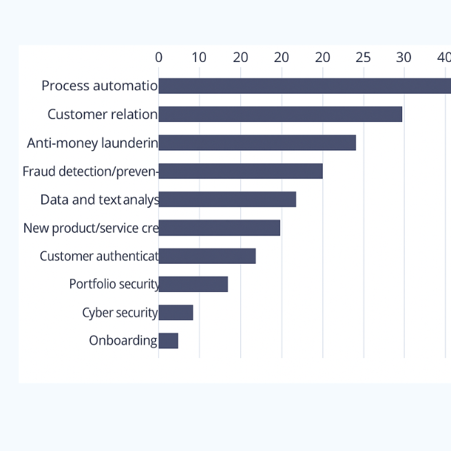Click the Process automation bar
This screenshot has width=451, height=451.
tap(304, 86)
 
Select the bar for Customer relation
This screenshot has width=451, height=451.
tap(280, 114)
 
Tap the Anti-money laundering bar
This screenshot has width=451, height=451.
tap(257, 143)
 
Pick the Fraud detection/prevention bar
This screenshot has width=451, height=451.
tap(240, 171)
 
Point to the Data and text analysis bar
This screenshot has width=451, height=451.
tap(227, 199)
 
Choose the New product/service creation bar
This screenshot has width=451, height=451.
tap(219, 227)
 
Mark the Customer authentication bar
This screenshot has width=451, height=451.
tap(207, 256)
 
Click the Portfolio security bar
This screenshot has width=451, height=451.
tap(193, 284)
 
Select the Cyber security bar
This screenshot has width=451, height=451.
tap(176, 313)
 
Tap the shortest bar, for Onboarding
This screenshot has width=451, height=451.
tap(168, 341)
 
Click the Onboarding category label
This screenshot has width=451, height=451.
tap(123, 341)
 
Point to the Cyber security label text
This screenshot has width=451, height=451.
tap(120, 313)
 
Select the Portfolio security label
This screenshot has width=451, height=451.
tap(114, 284)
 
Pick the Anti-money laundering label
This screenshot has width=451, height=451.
tap(92, 143)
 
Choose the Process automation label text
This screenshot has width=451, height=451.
tap(99, 86)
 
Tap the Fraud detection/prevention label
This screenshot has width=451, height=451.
tap(90, 171)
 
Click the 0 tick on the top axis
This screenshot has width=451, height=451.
tap(158, 57)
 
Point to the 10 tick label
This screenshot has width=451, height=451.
tap(199, 57)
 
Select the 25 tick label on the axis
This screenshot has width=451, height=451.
tap(363, 57)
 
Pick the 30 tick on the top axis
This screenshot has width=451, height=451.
tap(403, 57)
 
